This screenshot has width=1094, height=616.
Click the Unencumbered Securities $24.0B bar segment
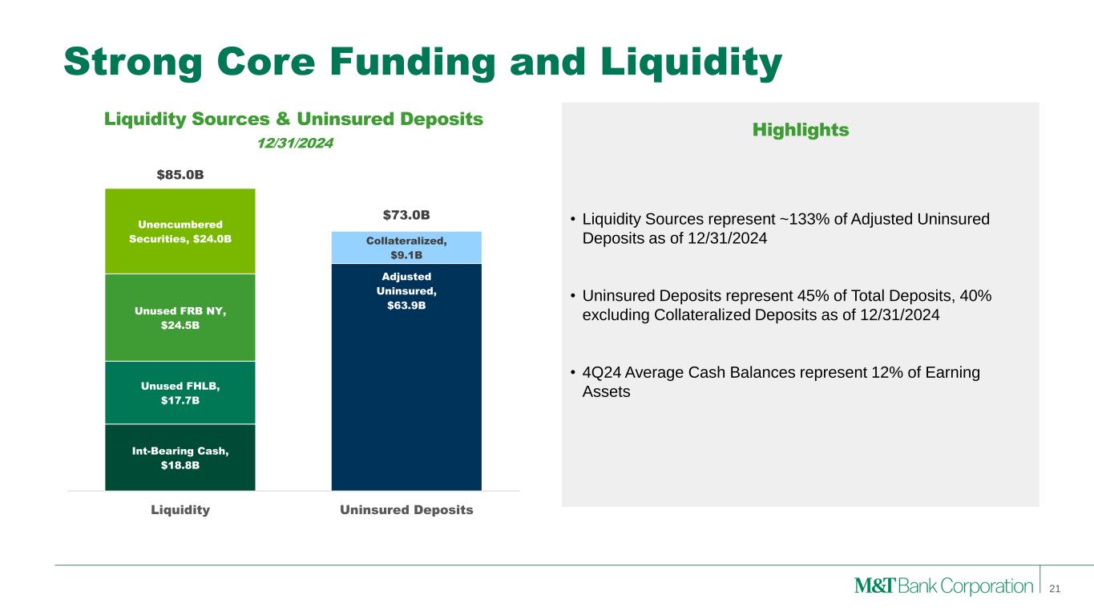click(180, 231)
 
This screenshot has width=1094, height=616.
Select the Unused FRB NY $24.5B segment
click(180, 318)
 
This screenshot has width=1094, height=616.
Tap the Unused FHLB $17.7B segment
click(180, 392)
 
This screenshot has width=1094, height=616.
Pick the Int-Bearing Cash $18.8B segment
click(180, 457)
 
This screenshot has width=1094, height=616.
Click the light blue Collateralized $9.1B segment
click(406, 247)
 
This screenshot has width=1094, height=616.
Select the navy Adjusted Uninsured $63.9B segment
click(406, 377)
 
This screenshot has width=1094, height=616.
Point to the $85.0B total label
click(180, 175)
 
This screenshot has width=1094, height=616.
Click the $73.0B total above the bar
click(406, 215)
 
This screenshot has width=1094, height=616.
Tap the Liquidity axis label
click(180, 510)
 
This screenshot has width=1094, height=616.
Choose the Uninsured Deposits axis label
click(406, 510)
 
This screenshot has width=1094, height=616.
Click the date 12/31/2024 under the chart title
click(295, 143)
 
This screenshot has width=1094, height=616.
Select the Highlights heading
click(801, 130)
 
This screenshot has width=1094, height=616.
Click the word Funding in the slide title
click(412, 62)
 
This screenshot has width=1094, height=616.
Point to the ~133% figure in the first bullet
click(805, 219)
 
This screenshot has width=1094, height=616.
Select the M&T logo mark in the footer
click(875, 586)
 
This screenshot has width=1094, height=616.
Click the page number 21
click(1055, 589)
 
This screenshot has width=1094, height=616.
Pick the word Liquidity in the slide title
click(692, 63)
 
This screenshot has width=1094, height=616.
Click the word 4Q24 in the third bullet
click(601, 372)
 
